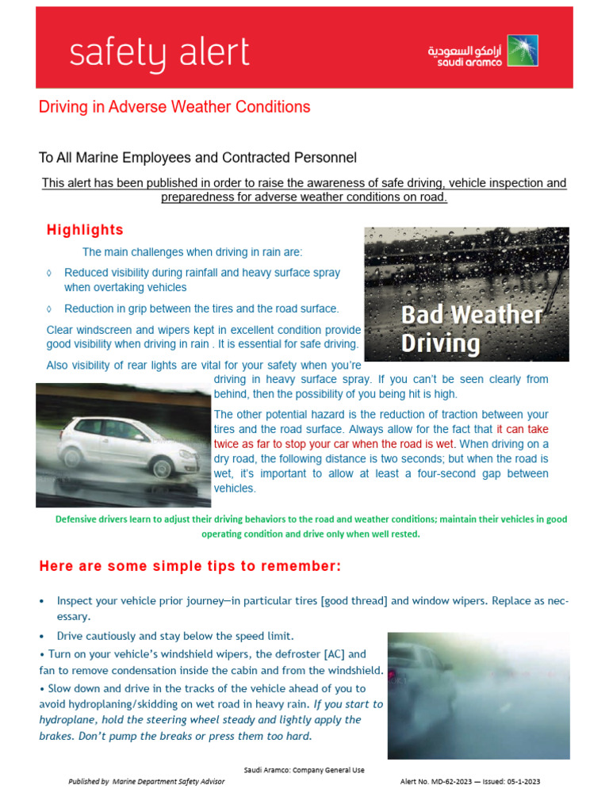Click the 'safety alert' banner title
pos(159,53)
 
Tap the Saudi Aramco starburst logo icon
pos(522,50)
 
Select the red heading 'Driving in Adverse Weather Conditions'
pos(174,106)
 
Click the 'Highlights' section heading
pos(85,230)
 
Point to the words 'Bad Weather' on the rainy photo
pos(471,315)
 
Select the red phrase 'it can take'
pos(523,429)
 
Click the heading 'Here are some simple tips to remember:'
pos(190,566)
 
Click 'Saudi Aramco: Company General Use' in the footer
pos(304,770)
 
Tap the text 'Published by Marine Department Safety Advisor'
pos(147,781)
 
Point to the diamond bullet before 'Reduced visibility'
pos(50,273)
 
